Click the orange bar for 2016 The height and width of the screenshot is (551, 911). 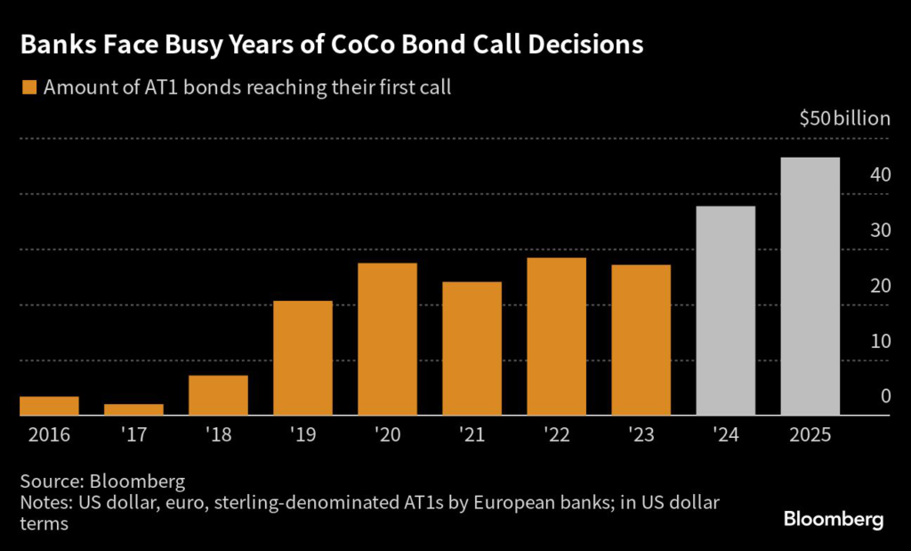pyautogui.click(x=49, y=406)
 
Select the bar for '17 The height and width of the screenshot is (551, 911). pyautogui.click(x=133, y=409)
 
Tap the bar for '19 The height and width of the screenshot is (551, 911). pyautogui.click(x=302, y=358)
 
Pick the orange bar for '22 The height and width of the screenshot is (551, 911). pyautogui.click(x=556, y=336)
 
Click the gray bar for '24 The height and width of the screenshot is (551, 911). pyautogui.click(x=725, y=311)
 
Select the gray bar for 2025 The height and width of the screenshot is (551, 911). pyautogui.click(x=810, y=287)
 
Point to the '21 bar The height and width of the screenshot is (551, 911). pyautogui.click(x=472, y=348)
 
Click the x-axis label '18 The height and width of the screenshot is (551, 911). pyautogui.click(x=218, y=435)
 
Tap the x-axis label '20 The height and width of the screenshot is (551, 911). pyautogui.click(x=387, y=435)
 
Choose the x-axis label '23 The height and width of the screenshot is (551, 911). pyautogui.click(x=641, y=435)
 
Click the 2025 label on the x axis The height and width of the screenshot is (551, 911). pyautogui.click(x=810, y=435)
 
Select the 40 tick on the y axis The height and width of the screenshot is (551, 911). pyautogui.click(x=881, y=174)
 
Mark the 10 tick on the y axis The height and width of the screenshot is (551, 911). pyautogui.click(x=881, y=341)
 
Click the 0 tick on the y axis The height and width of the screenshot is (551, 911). pyautogui.click(x=885, y=396)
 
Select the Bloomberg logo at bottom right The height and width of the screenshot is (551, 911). pyautogui.click(x=833, y=519)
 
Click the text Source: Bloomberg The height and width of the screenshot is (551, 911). pyautogui.click(x=102, y=482)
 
